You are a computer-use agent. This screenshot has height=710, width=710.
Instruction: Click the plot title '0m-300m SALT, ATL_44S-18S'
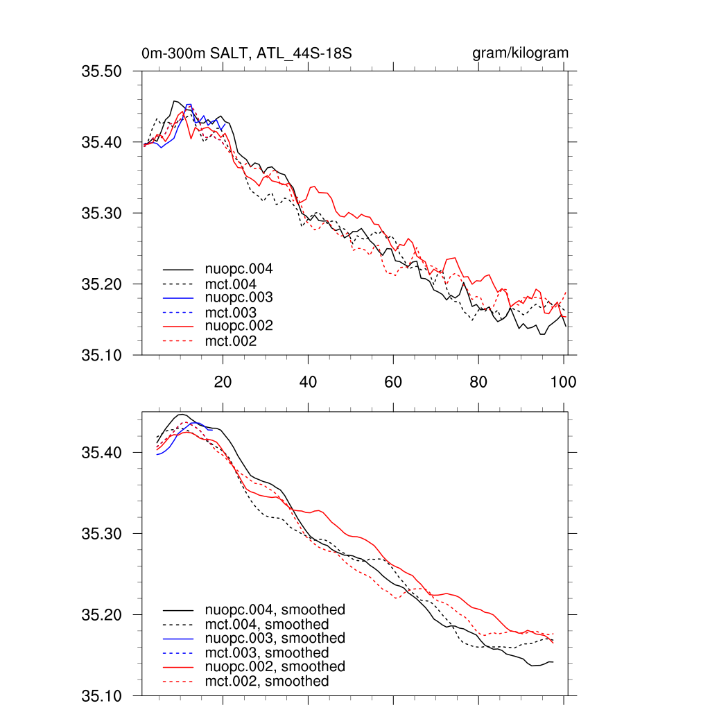coord(250,53)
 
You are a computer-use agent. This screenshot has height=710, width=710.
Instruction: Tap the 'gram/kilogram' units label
coord(520,53)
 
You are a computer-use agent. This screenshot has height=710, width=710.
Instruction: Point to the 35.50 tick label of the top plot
coord(102,71)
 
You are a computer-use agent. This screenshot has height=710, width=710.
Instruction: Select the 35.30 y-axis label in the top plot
coord(102,213)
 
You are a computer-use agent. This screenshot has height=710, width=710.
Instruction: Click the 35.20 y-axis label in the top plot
coord(102,284)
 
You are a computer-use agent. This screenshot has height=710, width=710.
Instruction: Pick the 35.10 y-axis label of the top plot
coord(102,356)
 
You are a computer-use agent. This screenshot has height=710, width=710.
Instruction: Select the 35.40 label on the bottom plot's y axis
coord(102,453)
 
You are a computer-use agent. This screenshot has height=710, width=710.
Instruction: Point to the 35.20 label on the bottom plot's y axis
coord(102,615)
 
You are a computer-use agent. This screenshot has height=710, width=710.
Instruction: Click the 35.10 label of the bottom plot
coord(102,695)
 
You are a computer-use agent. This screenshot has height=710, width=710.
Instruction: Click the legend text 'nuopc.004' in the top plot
coord(239,268)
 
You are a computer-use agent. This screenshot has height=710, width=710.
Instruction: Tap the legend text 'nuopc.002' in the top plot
coord(239,326)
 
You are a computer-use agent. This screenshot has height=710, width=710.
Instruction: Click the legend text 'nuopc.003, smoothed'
coord(275,638)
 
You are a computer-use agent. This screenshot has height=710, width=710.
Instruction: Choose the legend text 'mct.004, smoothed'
coord(267,625)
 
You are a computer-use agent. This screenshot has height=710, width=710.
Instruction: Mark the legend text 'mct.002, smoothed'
coord(267,682)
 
